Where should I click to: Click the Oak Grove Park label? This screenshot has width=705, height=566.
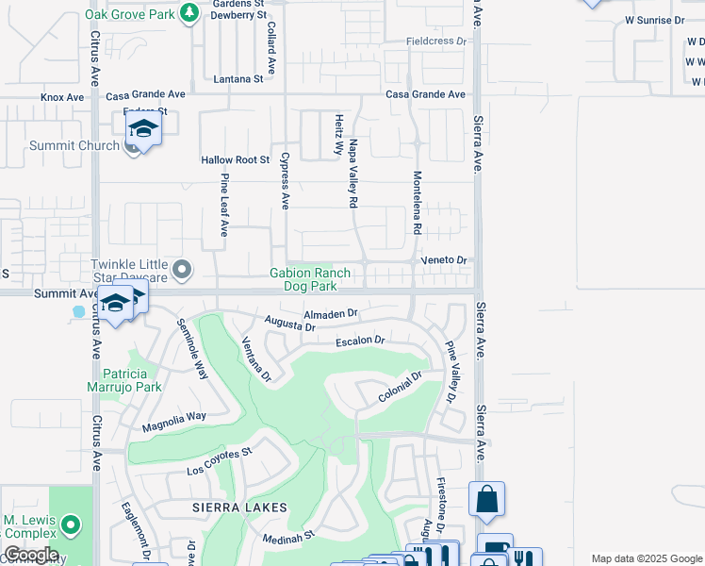pos(129,14)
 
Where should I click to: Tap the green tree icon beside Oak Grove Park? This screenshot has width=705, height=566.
pos(189,11)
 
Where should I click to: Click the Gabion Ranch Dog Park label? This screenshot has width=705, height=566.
pos(303,278)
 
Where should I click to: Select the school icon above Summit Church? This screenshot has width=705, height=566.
pos(143,128)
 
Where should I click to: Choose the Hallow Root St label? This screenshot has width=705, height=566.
pos(236,160)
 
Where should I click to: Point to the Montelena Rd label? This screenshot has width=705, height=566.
pos(416,203)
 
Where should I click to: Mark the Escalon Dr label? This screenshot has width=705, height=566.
pos(360,341)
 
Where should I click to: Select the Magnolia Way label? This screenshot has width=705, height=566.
pos(173,422)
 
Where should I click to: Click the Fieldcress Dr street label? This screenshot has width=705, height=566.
pos(436,42)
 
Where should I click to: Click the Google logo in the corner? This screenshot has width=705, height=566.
pos(30,555)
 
